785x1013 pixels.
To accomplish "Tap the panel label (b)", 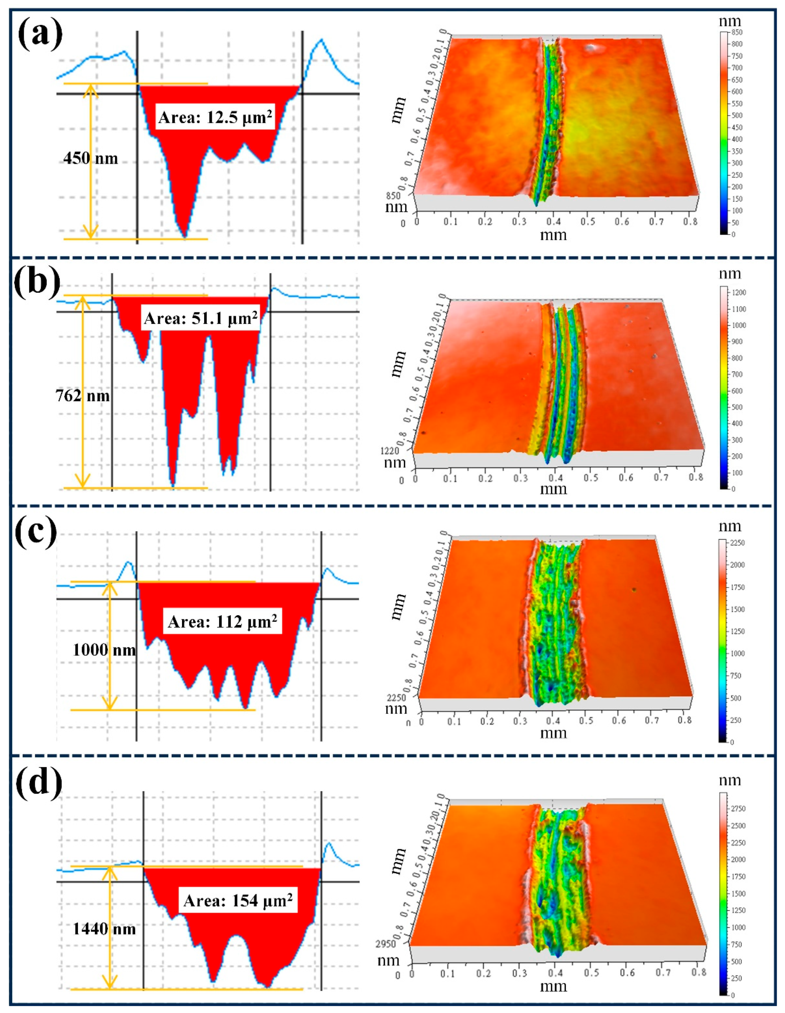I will [37, 282].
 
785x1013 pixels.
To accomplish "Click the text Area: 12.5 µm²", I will [215, 118].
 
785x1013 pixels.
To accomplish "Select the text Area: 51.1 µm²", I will [201, 319].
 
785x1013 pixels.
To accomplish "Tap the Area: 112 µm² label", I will [222, 621].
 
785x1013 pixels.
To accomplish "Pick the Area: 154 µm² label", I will [238, 900].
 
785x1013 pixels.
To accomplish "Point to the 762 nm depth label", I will [83, 396].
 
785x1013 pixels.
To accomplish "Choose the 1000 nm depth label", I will [104, 650].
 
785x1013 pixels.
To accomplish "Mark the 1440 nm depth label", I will [104, 929].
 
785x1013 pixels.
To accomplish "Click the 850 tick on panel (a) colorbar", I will [737, 32].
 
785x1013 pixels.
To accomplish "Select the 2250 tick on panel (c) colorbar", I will [738, 543].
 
